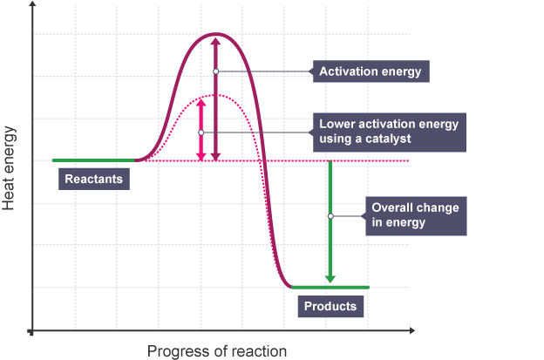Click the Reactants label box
click(95, 180)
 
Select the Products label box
click(330, 307)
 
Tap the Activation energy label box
click(371, 71)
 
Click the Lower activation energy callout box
click(388, 132)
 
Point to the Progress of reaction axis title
click(216, 351)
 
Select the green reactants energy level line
click(96, 160)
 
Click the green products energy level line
click(330, 287)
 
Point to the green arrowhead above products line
click(330, 279)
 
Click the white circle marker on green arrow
click(330, 216)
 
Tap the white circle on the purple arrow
click(216, 71)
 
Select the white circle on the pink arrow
click(201, 132)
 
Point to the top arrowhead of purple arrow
click(216, 40)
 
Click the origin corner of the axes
click(32, 331)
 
